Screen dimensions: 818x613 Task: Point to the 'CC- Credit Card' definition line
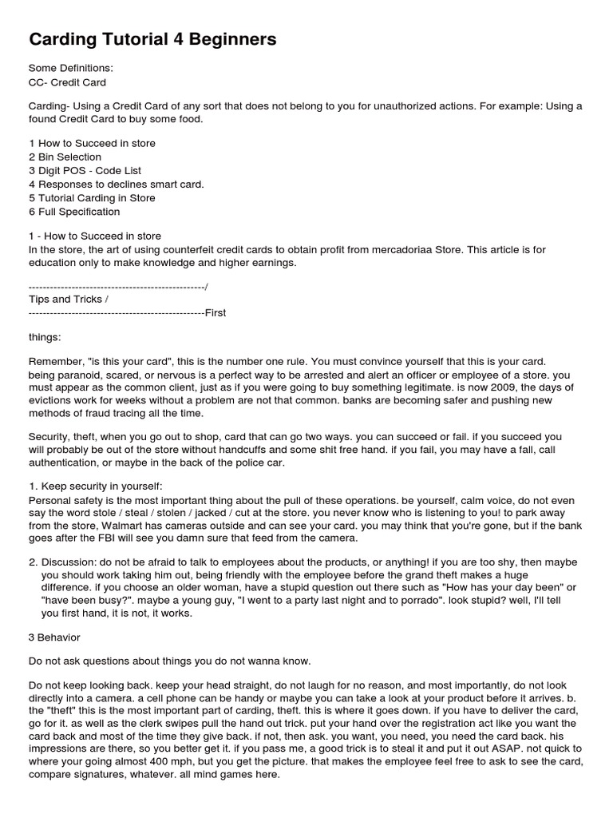67,82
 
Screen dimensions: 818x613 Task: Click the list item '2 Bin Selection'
65,157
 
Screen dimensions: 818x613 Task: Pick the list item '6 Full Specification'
74,212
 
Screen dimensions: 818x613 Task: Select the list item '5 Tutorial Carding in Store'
92,198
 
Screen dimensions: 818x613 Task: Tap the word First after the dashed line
216,312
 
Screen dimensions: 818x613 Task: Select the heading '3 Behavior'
54,637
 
